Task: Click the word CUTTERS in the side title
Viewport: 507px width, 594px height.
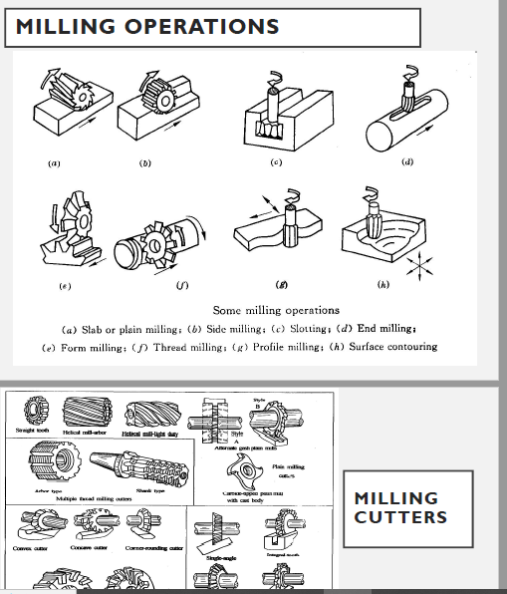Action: tap(399, 516)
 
